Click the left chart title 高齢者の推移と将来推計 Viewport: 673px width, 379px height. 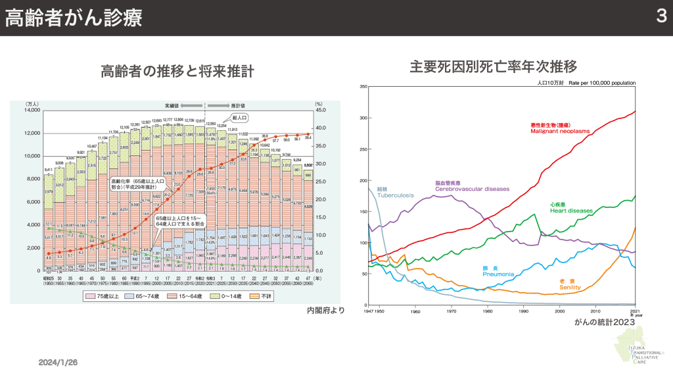click(177, 71)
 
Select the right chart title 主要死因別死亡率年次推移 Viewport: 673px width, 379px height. click(494, 66)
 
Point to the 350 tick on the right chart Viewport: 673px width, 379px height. click(362, 87)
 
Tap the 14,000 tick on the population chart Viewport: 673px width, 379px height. click(32, 110)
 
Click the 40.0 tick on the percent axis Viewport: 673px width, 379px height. click(321, 110)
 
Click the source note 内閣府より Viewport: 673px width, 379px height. click(325, 310)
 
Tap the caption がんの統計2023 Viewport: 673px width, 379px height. click(604, 322)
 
